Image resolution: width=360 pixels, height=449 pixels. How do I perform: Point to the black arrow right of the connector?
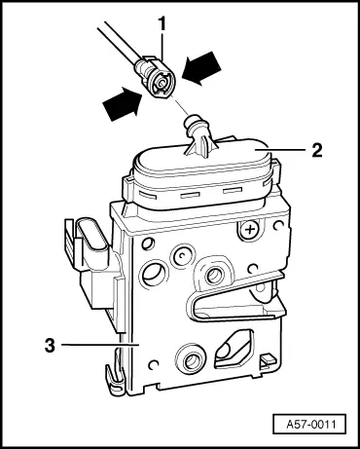coord(202,69)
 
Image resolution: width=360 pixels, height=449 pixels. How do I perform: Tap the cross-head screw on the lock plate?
coord(252,230)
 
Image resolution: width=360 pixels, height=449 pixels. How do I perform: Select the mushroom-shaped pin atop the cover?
coord(197,130)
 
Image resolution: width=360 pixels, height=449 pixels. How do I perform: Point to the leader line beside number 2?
coord(282,152)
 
